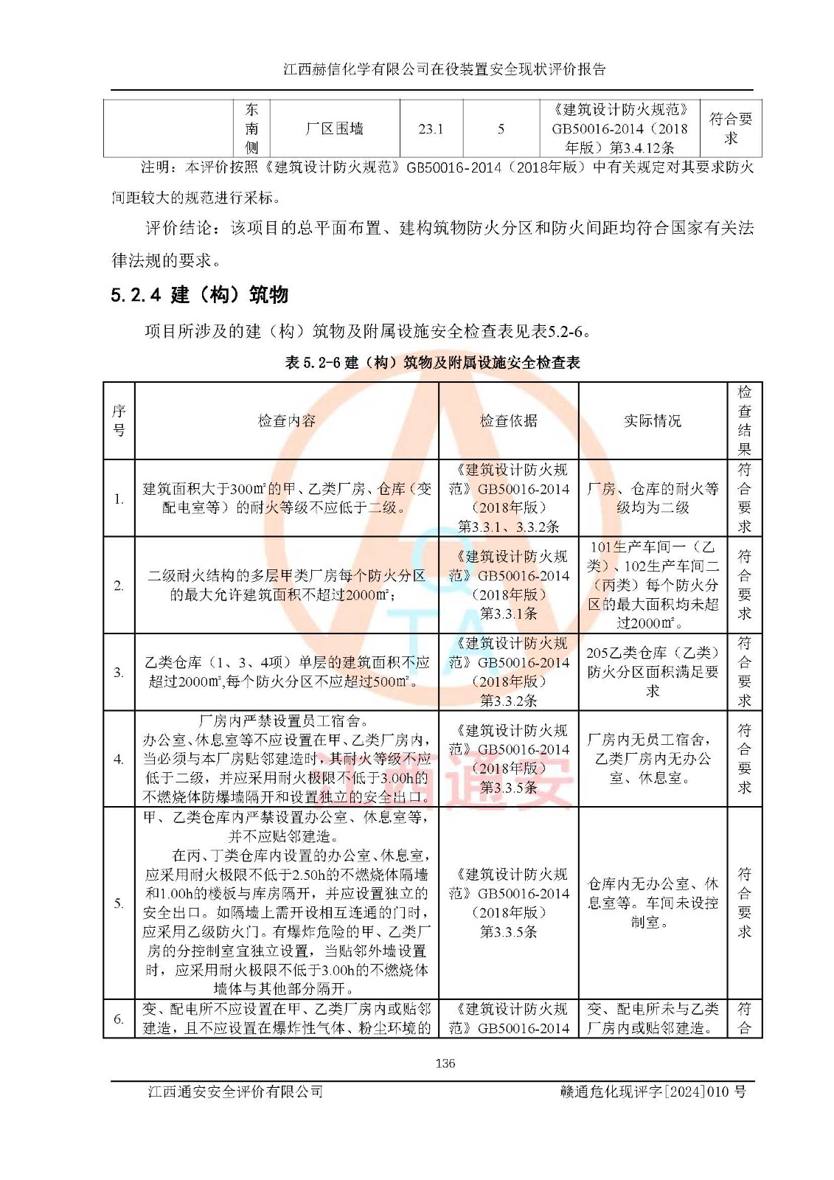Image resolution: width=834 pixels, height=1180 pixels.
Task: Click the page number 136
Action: tap(445, 1063)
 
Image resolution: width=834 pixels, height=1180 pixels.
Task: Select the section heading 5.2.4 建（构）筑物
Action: tap(199, 295)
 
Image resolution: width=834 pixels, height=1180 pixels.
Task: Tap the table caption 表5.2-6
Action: tap(432, 362)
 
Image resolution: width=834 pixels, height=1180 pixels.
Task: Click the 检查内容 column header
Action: tap(286, 420)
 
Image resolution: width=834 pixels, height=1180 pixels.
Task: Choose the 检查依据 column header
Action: tap(508, 420)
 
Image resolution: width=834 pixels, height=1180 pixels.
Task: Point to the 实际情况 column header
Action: tap(652, 420)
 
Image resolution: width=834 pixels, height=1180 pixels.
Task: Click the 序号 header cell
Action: tap(119, 420)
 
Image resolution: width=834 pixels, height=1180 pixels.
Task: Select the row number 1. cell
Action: tap(119, 499)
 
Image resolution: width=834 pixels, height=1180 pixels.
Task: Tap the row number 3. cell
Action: tap(119, 672)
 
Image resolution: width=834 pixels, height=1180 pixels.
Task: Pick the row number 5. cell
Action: tap(119, 903)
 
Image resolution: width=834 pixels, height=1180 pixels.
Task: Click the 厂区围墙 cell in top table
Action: tap(334, 128)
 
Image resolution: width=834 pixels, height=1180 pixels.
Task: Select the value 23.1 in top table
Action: tap(431, 128)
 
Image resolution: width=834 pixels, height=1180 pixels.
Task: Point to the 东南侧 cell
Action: tap(251, 128)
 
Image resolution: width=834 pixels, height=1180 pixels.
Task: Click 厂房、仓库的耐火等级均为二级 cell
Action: tap(652, 498)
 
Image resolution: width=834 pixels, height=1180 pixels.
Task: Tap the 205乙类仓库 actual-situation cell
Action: tap(652, 671)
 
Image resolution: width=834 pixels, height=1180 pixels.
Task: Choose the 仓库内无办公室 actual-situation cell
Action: tap(652, 902)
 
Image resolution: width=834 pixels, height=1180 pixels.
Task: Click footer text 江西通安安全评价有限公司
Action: tap(235, 1091)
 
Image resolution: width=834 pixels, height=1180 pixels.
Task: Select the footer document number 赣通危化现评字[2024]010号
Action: tap(652, 1091)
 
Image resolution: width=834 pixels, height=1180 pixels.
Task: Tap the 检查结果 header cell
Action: tap(744, 420)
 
